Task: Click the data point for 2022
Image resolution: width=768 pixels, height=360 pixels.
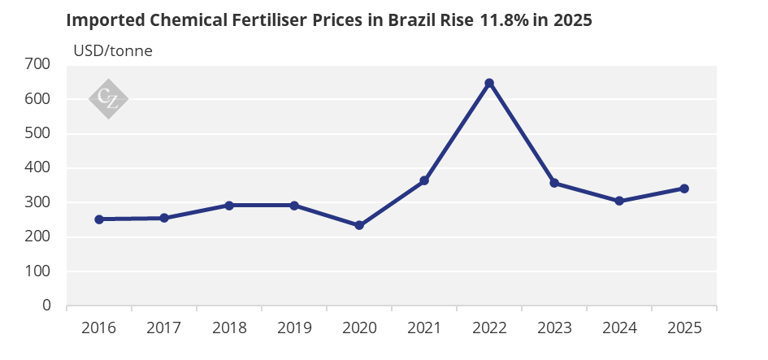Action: (x=489, y=83)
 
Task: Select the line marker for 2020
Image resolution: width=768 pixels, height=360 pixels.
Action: (x=359, y=225)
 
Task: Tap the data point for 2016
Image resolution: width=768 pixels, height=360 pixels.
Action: (x=99, y=219)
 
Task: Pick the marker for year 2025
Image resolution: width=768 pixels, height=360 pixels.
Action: (x=684, y=189)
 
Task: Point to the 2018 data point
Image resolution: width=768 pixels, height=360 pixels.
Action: (x=229, y=206)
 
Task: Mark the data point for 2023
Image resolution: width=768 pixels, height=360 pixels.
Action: (x=554, y=183)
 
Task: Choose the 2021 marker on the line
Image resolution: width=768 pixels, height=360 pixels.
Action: (x=424, y=180)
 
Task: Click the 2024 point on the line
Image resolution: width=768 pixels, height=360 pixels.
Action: (x=619, y=201)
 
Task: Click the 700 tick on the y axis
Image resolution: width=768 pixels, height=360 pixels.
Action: (x=37, y=64)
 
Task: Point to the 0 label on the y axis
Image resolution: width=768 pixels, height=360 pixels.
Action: (x=46, y=306)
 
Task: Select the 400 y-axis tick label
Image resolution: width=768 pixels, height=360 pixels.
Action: (x=37, y=167)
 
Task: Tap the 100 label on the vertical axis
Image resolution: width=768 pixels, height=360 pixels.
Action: (x=37, y=271)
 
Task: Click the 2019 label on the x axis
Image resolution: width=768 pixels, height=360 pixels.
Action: (x=294, y=328)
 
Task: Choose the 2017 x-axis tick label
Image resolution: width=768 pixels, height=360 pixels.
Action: (x=164, y=328)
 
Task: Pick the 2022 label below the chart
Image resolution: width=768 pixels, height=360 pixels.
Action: (x=489, y=328)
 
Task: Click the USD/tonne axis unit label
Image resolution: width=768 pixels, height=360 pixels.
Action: (x=113, y=50)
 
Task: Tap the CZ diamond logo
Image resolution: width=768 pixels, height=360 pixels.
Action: (x=108, y=99)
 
